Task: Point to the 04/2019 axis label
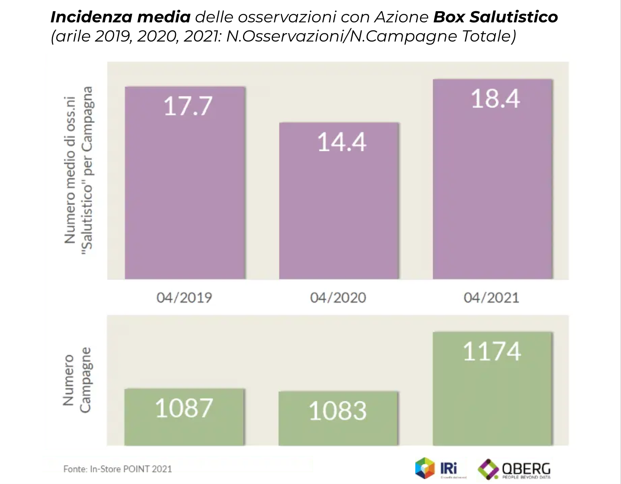pyautogui.click(x=184, y=298)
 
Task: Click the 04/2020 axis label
pyautogui.click(x=338, y=298)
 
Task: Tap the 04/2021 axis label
pyautogui.click(x=491, y=298)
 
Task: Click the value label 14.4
pyautogui.click(x=342, y=142)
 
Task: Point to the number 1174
pyautogui.click(x=492, y=352)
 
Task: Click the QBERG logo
pyautogui.click(x=515, y=469)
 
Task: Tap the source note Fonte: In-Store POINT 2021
pyautogui.click(x=118, y=469)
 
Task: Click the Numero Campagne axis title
pyautogui.click(x=77, y=380)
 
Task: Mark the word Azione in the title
pyautogui.click(x=401, y=17)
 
